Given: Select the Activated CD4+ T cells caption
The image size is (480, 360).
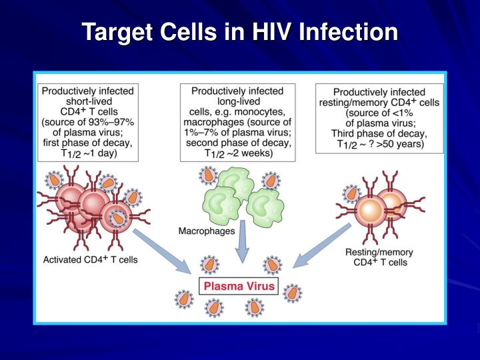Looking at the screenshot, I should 90,259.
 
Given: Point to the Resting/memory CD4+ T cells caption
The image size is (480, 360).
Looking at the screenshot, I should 379,257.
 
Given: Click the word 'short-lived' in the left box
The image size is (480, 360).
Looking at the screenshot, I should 89,101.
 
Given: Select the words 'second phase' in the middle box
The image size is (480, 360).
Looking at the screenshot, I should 217,143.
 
